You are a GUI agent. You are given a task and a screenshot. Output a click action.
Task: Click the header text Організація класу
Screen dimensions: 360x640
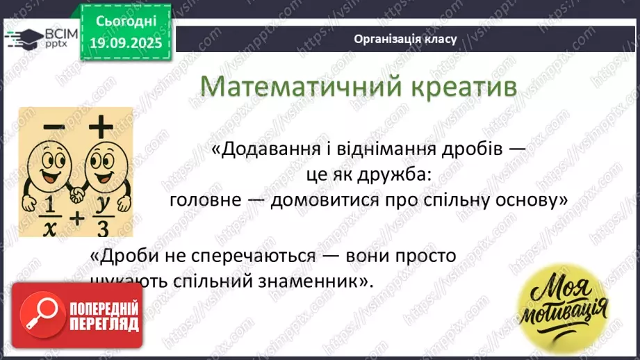(405, 39)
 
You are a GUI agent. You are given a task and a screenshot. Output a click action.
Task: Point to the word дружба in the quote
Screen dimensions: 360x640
(402, 177)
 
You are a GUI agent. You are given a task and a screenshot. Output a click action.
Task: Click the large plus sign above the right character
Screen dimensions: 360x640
(100, 126)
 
